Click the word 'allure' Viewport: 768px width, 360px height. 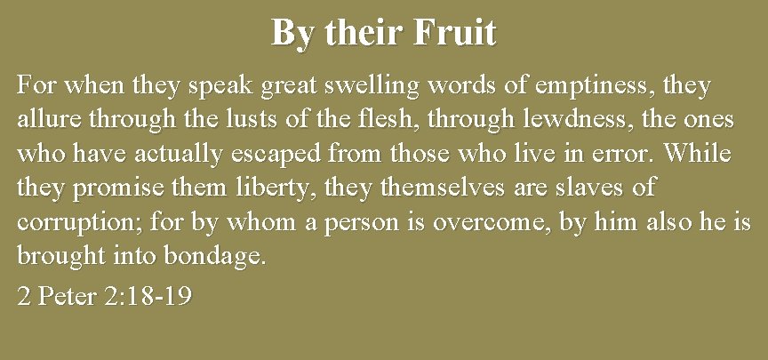[45, 121]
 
